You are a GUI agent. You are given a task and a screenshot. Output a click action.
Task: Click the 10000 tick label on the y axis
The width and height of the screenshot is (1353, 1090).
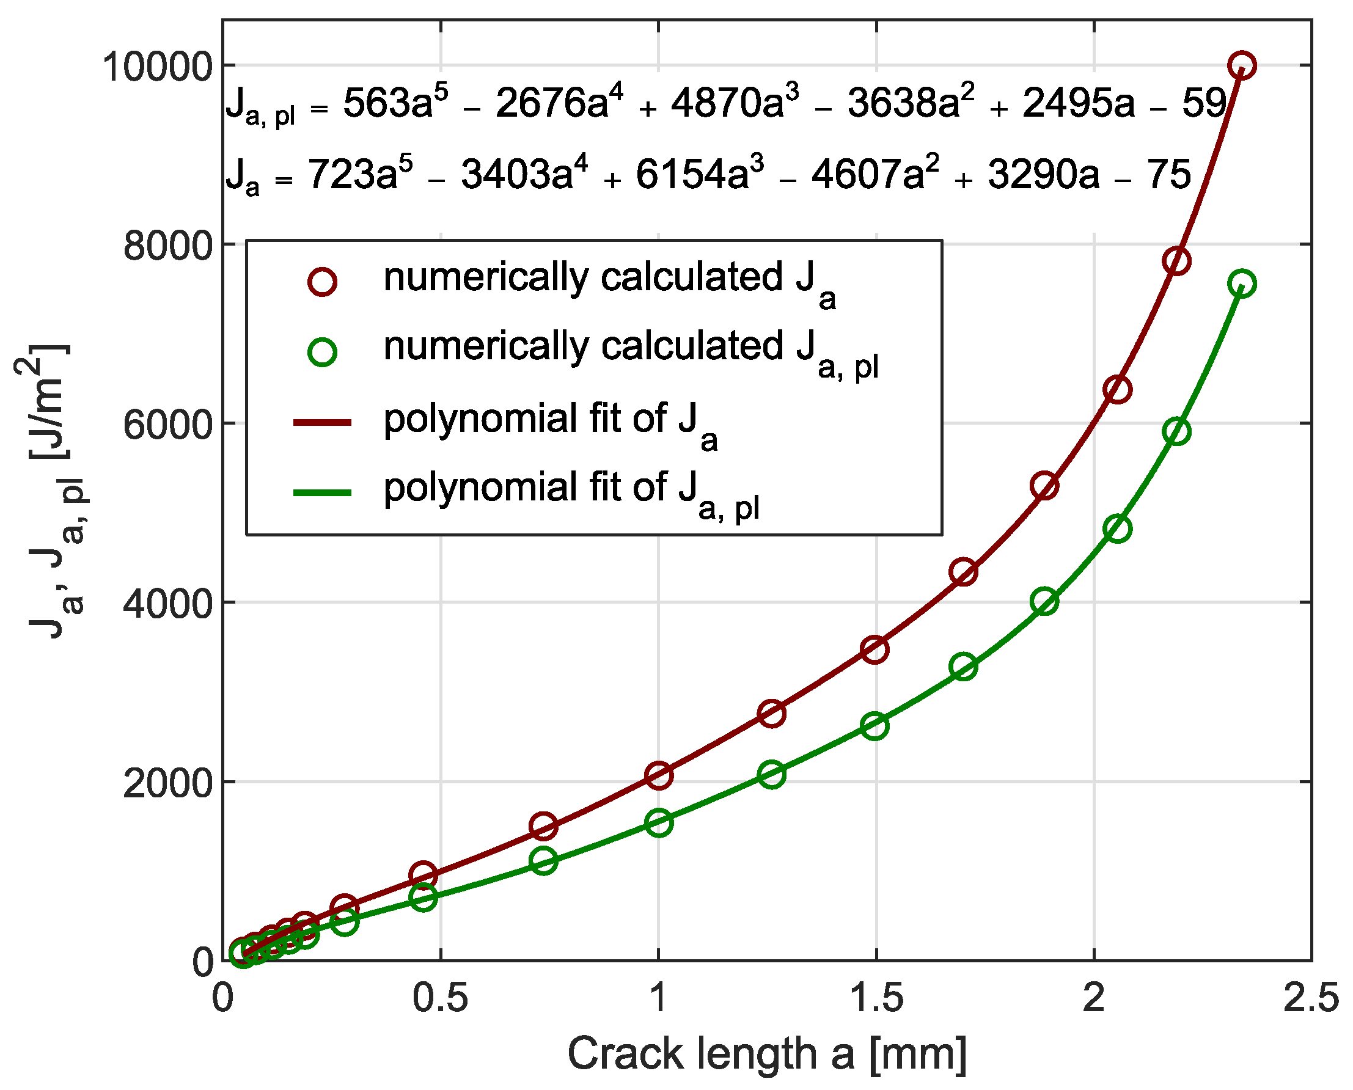point(157,66)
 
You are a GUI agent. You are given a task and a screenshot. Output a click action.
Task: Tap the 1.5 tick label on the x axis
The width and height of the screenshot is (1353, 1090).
point(876,998)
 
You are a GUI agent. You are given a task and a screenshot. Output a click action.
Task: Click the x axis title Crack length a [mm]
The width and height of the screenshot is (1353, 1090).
point(766,1053)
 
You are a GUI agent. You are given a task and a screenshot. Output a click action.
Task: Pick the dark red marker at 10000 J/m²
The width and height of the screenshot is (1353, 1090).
point(1241,65)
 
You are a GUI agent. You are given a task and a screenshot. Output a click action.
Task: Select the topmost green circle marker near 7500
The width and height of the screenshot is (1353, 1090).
point(1241,283)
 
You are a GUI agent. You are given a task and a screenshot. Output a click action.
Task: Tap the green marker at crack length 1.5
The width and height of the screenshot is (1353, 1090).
point(875,726)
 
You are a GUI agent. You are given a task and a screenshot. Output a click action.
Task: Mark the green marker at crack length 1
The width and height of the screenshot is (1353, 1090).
point(659,822)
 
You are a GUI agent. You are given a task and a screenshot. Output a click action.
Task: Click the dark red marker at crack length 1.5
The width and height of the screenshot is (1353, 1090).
point(875,649)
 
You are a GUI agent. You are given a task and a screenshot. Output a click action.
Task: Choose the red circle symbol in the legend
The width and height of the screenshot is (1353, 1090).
point(322,281)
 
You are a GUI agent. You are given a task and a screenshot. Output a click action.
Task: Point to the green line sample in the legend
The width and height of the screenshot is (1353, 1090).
point(322,492)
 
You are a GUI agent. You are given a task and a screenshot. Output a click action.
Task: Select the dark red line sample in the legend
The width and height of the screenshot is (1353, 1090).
point(322,423)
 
